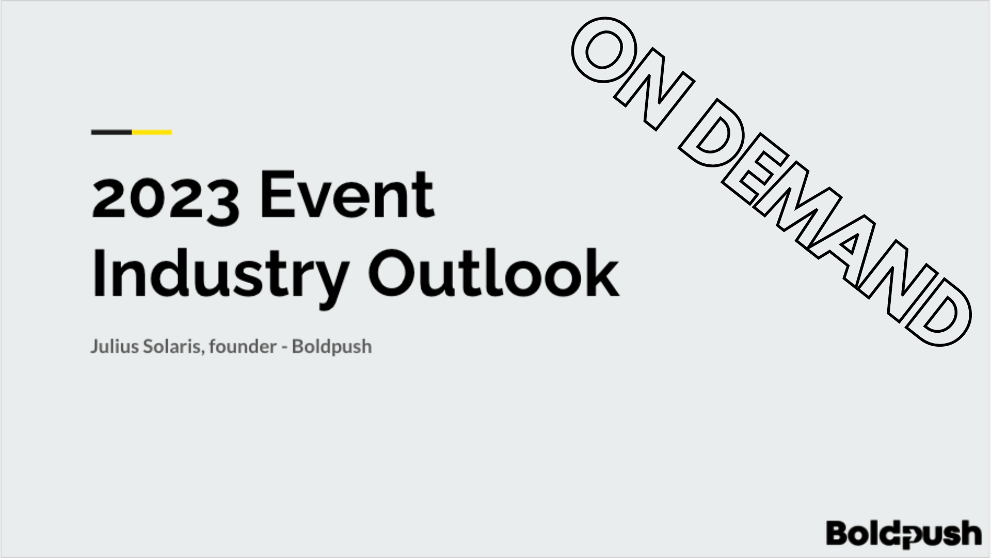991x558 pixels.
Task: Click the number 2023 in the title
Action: [166, 198]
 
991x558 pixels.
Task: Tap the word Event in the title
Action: [347, 194]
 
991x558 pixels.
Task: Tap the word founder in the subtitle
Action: [243, 346]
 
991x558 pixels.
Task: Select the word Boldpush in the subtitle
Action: [331, 347]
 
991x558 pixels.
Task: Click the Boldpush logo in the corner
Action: [904, 533]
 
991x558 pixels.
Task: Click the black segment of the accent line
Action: [111, 132]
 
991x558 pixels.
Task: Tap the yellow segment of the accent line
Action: [152, 132]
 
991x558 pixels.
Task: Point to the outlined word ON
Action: [633, 73]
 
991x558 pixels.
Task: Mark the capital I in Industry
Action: [98, 273]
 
